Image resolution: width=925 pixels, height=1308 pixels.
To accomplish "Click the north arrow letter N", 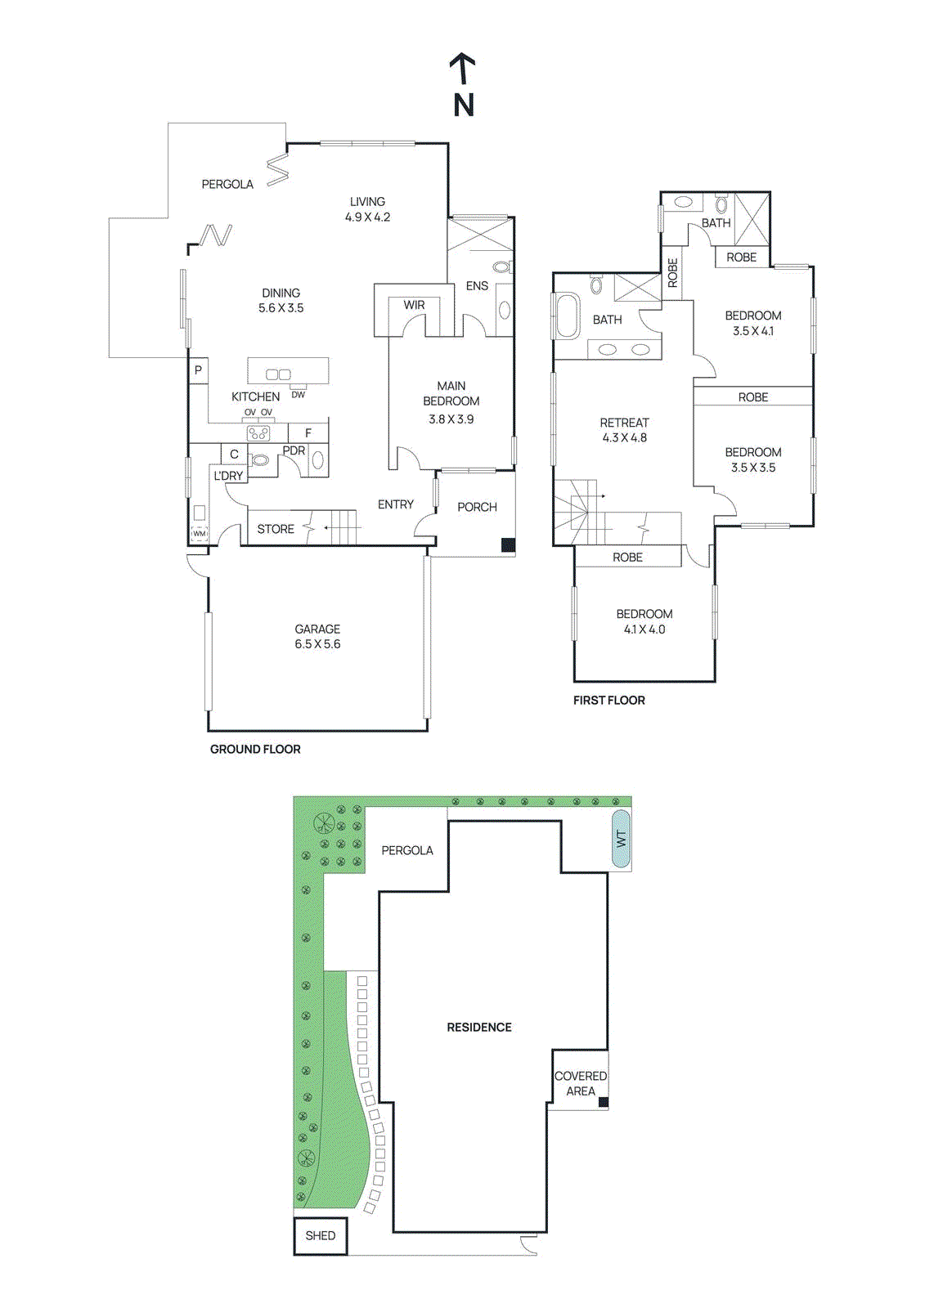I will tap(464, 105).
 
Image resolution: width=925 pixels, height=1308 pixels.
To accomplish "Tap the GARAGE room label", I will tap(317, 629).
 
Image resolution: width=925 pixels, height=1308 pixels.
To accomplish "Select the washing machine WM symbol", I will tap(200, 533).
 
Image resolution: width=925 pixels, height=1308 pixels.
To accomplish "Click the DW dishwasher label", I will tap(298, 395).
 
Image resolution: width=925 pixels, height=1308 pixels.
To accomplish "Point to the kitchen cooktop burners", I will tap(258, 433).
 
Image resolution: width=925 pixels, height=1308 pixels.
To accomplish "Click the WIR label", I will tap(414, 305).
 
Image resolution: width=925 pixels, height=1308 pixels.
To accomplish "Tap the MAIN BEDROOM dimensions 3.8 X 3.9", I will tap(451, 419).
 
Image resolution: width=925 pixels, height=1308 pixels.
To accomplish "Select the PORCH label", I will tap(477, 507).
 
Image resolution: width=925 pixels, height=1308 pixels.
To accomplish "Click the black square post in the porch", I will tap(508, 544).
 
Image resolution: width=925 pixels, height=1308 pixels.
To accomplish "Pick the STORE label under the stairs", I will tap(276, 529).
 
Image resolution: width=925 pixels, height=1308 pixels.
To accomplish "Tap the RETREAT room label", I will tap(624, 423).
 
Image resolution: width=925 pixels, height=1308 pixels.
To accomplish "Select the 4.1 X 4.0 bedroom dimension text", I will tap(644, 629).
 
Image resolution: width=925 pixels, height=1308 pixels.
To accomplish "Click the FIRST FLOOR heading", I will tap(608, 700).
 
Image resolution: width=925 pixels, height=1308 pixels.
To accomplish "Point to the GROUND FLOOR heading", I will tap(255, 749).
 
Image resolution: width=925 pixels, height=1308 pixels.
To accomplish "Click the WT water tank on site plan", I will tap(621, 839).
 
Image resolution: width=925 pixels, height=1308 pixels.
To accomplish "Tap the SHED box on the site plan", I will tap(320, 1235).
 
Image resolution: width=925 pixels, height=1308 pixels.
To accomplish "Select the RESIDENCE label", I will tap(479, 1027).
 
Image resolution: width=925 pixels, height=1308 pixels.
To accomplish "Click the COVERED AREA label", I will tap(581, 1083).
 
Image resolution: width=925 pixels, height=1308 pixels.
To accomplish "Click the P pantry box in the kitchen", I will tap(198, 370).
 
